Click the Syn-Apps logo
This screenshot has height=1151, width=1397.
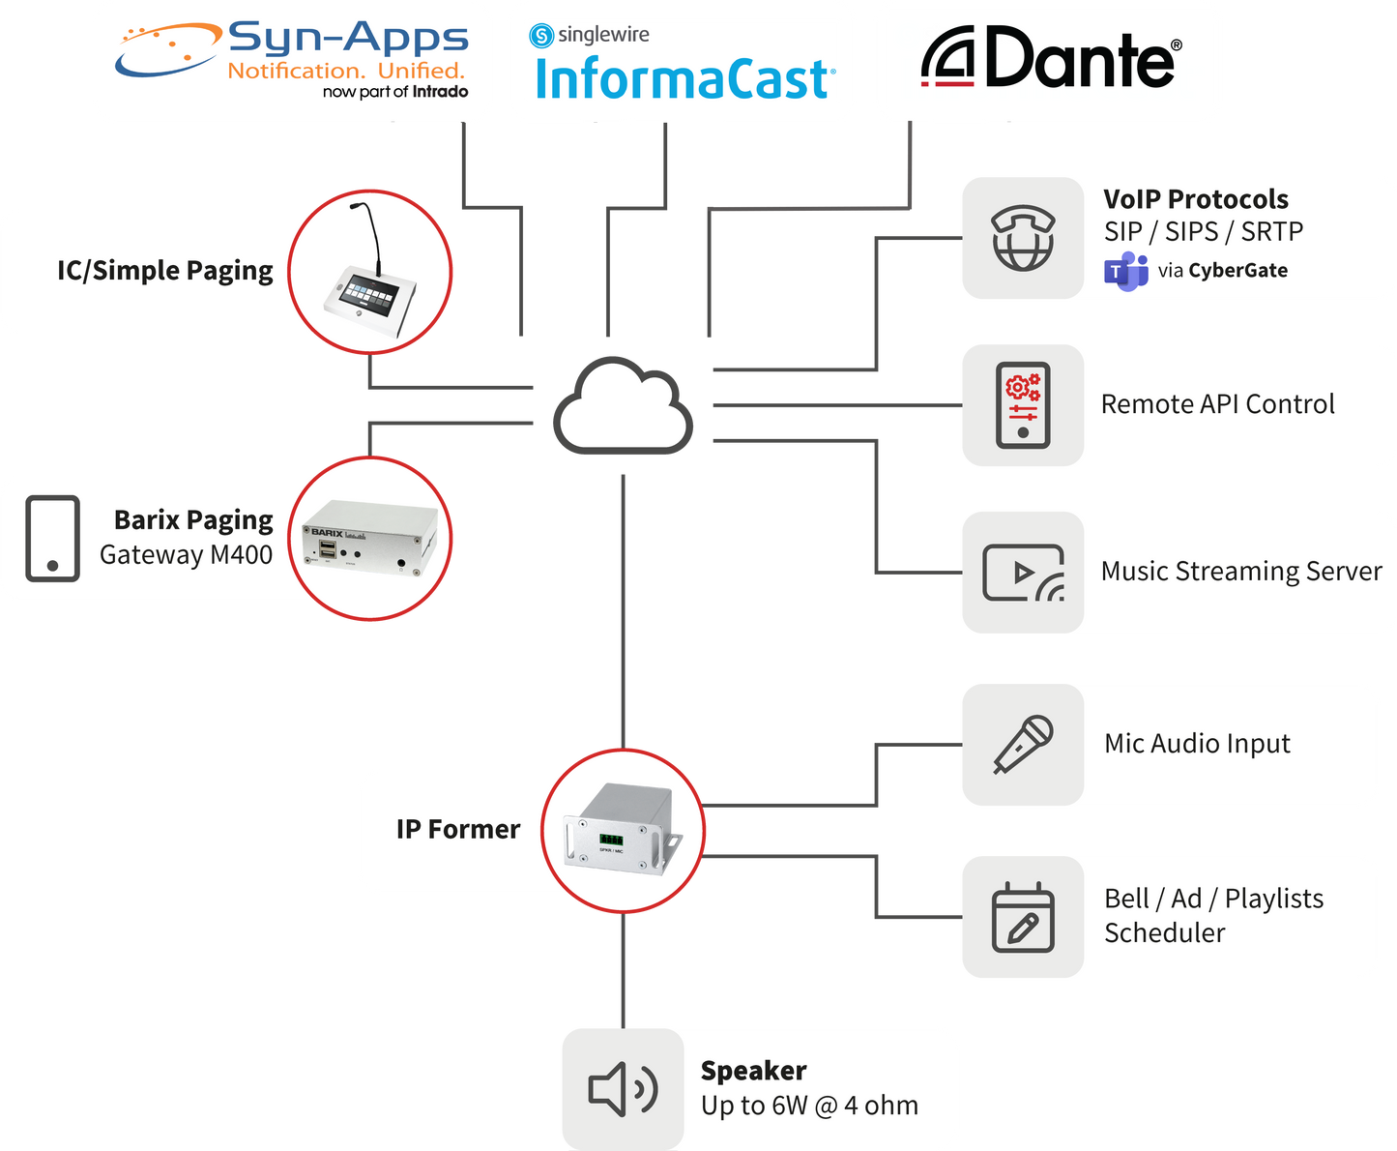(292, 60)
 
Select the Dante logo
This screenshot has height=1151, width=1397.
(1050, 60)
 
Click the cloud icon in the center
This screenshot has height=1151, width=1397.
(624, 407)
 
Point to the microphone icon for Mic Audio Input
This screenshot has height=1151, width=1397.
(1023, 744)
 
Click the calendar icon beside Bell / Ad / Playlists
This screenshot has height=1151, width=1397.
(1023, 917)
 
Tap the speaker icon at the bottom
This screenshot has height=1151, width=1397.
(623, 1088)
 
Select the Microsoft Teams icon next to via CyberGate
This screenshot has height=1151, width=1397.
(1125, 271)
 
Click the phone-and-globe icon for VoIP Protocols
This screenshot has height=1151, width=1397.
(1023, 238)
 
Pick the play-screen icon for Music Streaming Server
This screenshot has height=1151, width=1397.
(1023, 573)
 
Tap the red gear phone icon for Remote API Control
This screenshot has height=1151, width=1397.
(1023, 405)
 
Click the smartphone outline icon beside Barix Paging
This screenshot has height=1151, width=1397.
(52, 539)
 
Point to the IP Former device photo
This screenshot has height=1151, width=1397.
(624, 830)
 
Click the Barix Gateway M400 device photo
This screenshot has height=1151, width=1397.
(371, 539)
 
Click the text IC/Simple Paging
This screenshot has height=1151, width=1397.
(164, 271)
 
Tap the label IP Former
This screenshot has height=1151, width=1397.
(457, 830)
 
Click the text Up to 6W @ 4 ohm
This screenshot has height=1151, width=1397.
(809, 1106)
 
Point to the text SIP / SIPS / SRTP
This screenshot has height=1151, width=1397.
(1204, 232)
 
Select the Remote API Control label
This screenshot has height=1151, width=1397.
(1217, 404)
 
